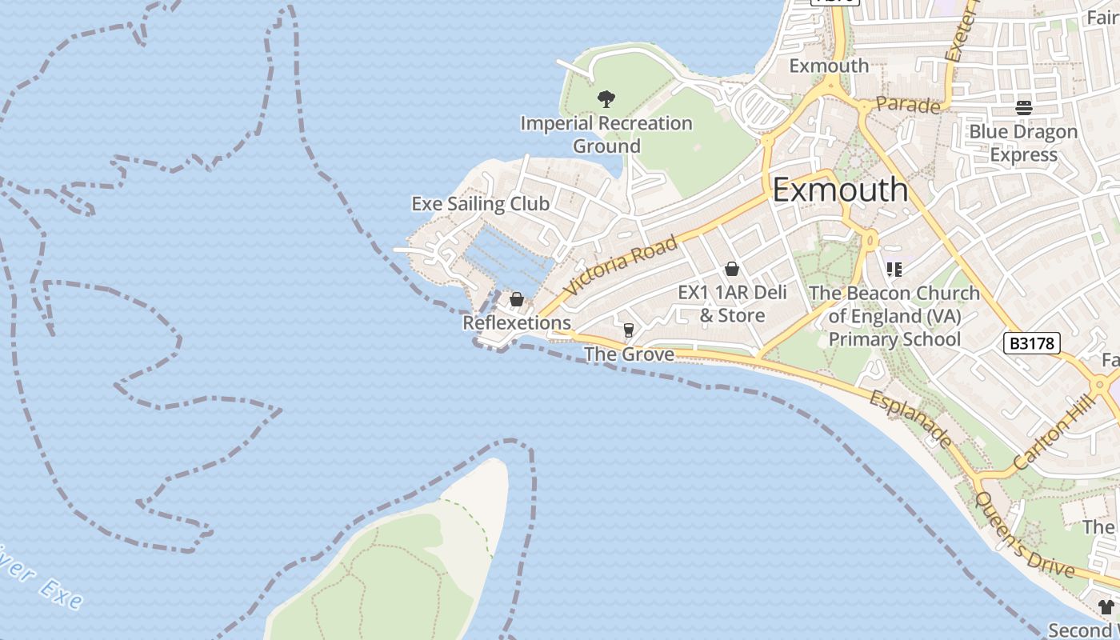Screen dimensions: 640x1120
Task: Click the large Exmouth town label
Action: pyautogui.click(x=840, y=190)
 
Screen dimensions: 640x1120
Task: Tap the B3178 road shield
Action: pyautogui.click(x=1032, y=343)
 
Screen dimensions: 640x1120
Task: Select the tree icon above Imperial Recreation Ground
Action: pyautogui.click(x=606, y=99)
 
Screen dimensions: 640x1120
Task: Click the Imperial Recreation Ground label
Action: pyautogui.click(x=606, y=134)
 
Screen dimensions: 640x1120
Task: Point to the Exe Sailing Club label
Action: pyautogui.click(x=481, y=204)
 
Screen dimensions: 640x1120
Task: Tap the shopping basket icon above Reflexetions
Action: pyautogui.click(x=517, y=300)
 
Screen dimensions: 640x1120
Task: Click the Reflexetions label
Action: pyautogui.click(x=517, y=323)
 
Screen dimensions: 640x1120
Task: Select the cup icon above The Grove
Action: pyautogui.click(x=629, y=330)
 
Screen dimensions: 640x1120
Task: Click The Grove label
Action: pyautogui.click(x=629, y=354)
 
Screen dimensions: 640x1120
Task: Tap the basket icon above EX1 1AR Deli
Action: pyautogui.click(x=732, y=269)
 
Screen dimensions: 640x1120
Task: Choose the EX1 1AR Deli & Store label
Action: pyautogui.click(x=732, y=304)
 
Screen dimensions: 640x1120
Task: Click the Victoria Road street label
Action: pyautogui.click(x=620, y=265)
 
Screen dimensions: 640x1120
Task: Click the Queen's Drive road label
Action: pyautogui.click(x=1023, y=534)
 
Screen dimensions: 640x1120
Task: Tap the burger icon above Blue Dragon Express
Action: pyautogui.click(x=1024, y=107)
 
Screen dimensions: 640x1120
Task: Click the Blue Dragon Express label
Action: pyautogui.click(x=1024, y=142)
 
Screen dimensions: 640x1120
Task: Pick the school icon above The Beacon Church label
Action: pyautogui.click(x=894, y=270)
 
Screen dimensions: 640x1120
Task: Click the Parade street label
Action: pyautogui.click(x=908, y=105)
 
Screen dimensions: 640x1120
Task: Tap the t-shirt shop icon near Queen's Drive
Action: pyautogui.click(x=1106, y=607)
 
